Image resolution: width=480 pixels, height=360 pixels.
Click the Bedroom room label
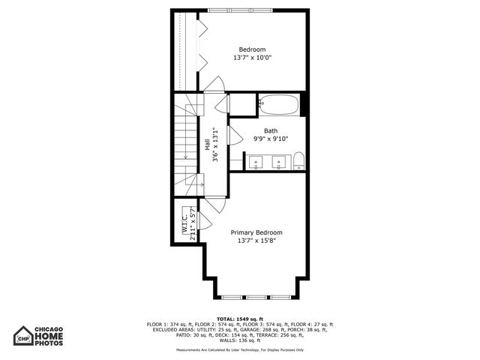253,49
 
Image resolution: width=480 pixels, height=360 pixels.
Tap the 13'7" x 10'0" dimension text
253,58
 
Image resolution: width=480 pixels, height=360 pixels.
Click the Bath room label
270,130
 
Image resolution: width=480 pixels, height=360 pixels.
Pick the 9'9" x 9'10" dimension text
270,139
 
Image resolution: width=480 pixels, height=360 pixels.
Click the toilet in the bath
298,160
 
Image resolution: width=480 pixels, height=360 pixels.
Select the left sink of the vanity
256,160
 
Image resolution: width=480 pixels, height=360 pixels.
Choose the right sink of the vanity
280,160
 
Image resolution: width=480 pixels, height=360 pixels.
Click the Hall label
208,144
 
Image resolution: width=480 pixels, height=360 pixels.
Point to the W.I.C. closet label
184,223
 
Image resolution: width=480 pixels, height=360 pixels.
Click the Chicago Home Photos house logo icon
22,336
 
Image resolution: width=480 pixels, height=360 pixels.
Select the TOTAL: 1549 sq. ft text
240,319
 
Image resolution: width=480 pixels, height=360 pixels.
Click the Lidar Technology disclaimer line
240,349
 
